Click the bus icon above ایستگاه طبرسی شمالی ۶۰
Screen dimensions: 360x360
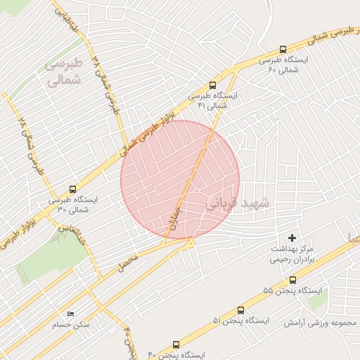(283, 50)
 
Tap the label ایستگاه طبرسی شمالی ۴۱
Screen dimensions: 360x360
(214, 99)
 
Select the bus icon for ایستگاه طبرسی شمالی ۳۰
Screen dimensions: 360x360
(73, 189)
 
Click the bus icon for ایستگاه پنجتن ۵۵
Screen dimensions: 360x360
(292, 280)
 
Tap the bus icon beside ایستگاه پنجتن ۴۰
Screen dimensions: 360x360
(176, 345)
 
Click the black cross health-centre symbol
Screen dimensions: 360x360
(292, 239)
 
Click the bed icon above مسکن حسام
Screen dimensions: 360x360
(70, 314)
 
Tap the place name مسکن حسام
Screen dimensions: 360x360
(70, 325)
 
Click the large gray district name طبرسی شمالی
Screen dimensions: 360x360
(64, 71)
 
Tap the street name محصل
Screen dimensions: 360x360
(129, 263)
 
